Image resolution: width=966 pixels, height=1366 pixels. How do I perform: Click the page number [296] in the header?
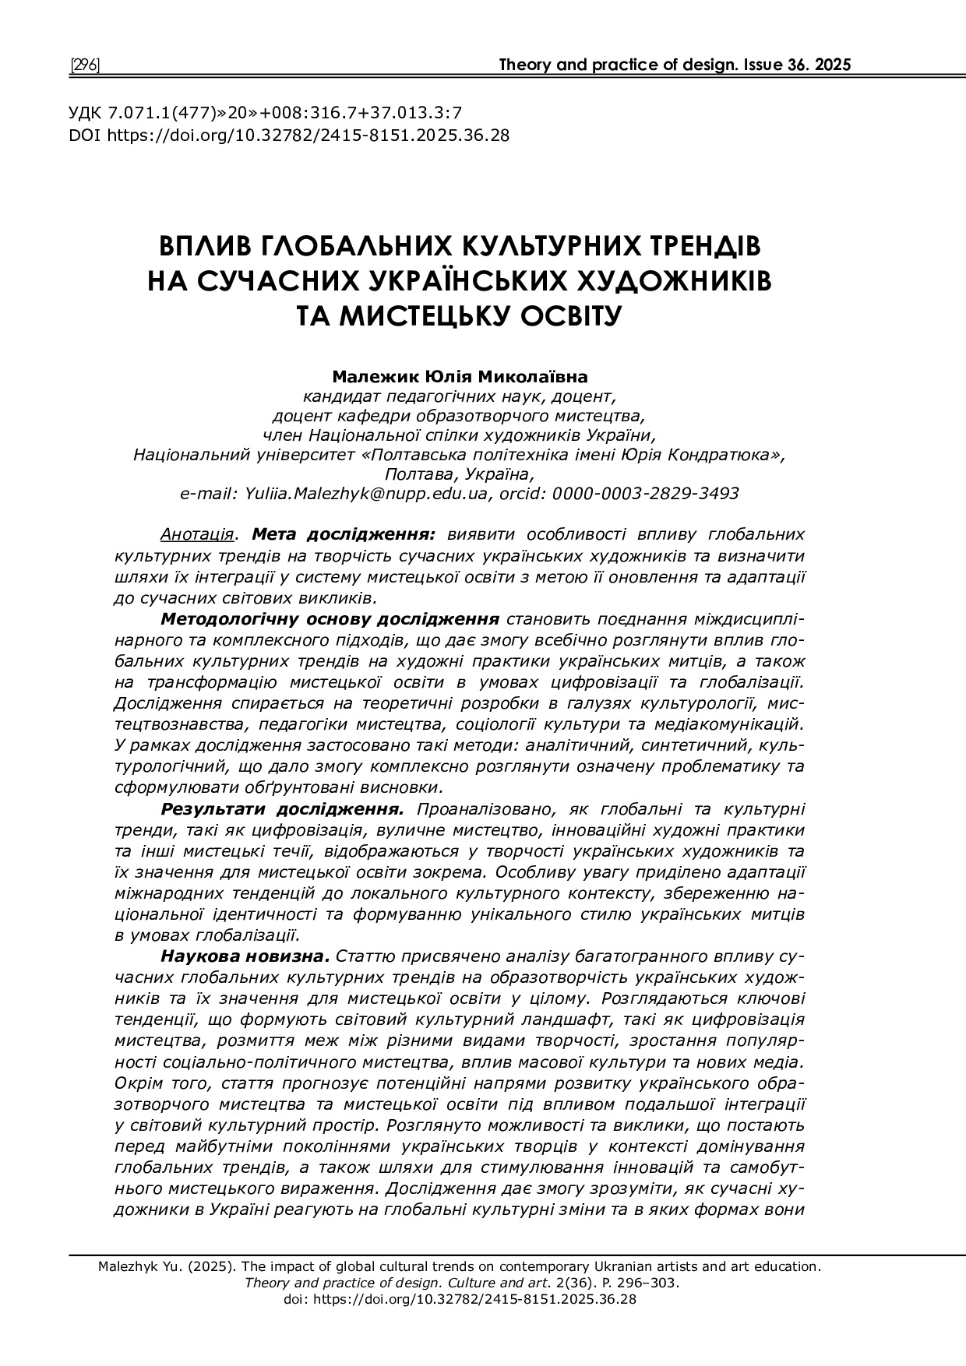pyautogui.click(x=85, y=65)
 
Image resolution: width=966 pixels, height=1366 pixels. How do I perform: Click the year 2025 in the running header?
pyautogui.click(x=833, y=65)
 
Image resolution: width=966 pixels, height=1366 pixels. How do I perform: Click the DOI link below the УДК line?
pyautogui.click(x=308, y=135)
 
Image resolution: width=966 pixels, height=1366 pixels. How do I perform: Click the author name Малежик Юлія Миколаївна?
pyautogui.click(x=460, y=378)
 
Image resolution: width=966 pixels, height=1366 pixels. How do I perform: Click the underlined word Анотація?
pyautogui.click(x=197, y=535)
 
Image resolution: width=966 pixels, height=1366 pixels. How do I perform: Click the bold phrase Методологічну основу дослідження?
pyautogui.click(x=330, y=619)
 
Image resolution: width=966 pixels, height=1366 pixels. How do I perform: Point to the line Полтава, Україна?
pyautogui.click(x=460, y=474)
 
